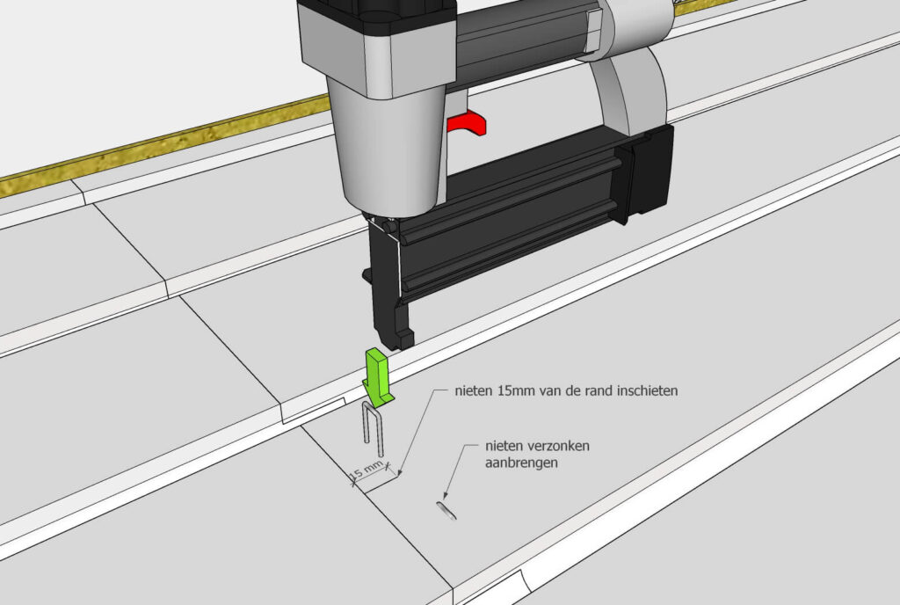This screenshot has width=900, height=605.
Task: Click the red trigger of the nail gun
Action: tap(468, 124)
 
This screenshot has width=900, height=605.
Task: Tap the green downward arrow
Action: tap(377, 377)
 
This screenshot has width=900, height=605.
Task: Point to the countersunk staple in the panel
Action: tap(446, 510)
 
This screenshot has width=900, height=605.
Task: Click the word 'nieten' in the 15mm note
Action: tap(474, 391)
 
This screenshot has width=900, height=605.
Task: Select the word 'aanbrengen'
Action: tap(521, 463)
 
